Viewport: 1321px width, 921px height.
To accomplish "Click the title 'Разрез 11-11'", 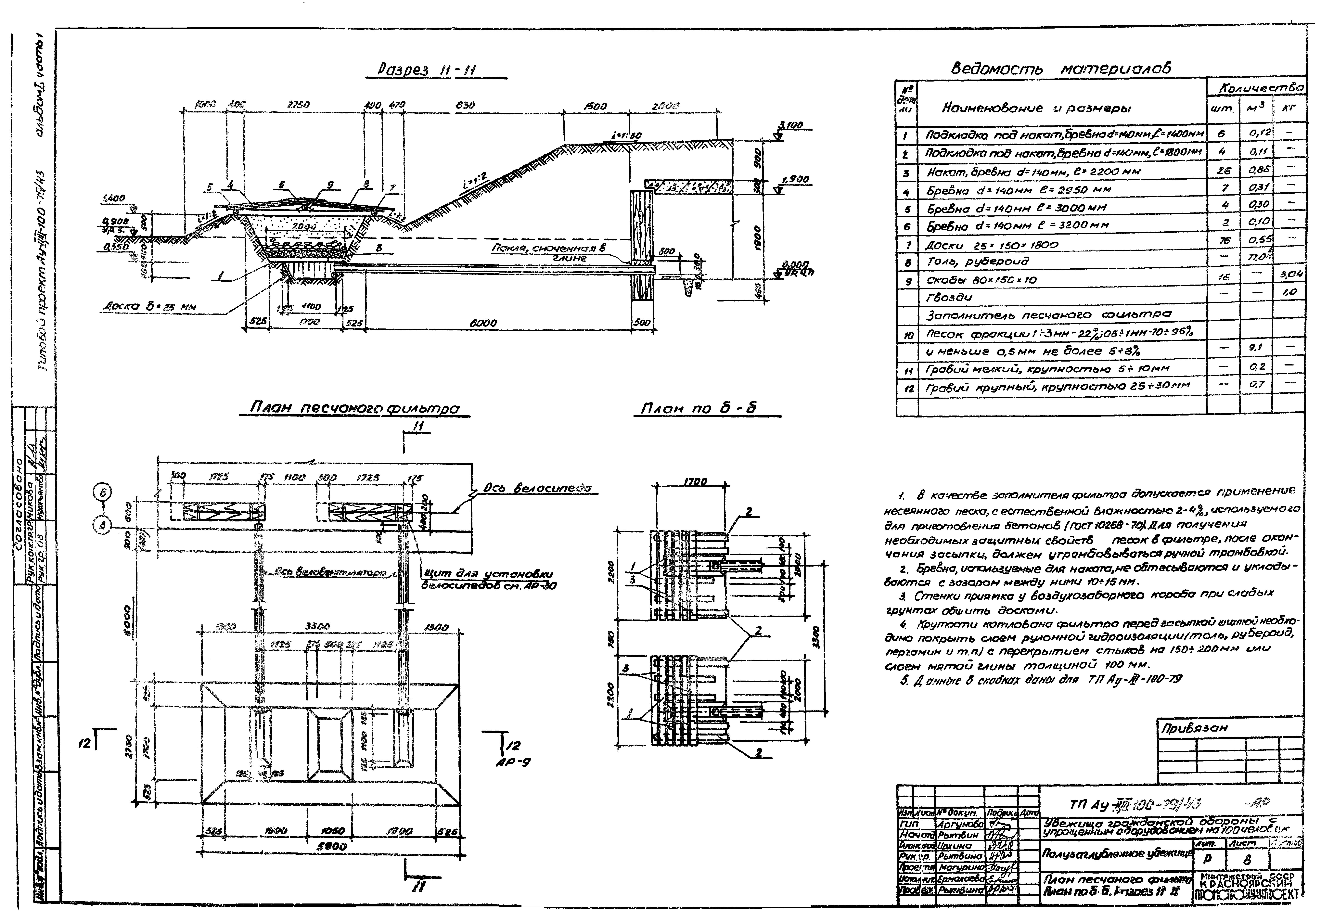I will tap(427, 70).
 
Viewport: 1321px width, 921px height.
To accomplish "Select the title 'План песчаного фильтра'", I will tap(355, 408).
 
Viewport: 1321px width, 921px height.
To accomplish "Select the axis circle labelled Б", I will tap(103, 492).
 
